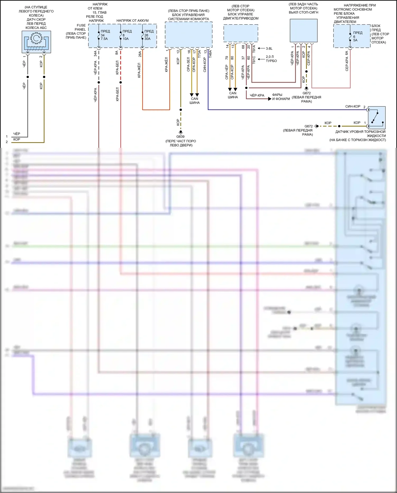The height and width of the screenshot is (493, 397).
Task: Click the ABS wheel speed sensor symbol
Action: coord(36,42)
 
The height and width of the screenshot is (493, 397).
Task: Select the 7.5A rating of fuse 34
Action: coord(104,39)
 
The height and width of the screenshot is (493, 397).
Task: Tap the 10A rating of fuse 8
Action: coord(125,39)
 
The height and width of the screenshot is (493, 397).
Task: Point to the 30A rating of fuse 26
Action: coord(147,39)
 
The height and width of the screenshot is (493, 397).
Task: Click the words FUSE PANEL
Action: coord(80,27)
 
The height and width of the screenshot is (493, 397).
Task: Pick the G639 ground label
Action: coord(181,137)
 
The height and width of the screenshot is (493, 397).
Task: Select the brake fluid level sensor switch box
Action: coord(377,118)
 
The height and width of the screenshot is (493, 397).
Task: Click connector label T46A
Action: coord(210,54)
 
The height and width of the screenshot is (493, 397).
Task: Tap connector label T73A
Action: coord(199,54)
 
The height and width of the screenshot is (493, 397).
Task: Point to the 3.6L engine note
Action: coord(269,48)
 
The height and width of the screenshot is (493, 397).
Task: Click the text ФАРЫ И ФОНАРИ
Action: coord(281,97)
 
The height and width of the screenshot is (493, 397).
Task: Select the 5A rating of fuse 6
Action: coord(355,40)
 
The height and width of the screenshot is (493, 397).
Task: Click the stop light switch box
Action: coord(304,30)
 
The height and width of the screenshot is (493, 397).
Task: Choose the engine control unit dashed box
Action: coord(241,33)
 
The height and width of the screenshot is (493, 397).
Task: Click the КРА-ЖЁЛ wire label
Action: coord(166,65)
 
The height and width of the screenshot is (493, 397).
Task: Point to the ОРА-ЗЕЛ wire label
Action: coord(188,64)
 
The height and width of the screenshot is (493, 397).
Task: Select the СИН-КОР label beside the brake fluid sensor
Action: coord(353,106)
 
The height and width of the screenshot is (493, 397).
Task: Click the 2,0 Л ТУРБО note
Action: coord(271,59)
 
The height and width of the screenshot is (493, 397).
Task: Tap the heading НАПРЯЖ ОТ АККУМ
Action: coord(132,21)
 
